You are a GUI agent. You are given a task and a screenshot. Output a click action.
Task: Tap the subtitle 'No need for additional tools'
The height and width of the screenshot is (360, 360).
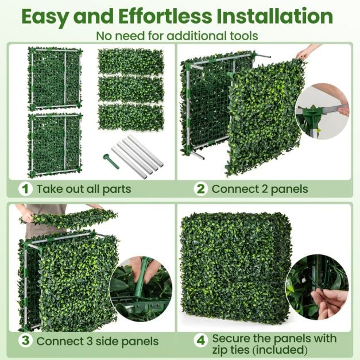point(177,36)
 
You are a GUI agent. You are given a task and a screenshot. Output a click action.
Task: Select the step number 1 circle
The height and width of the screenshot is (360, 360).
point(25,188)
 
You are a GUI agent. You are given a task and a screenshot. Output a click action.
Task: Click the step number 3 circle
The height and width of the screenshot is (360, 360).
point(25,340)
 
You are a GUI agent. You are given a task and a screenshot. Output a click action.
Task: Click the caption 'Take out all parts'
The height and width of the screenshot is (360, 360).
point(84,188)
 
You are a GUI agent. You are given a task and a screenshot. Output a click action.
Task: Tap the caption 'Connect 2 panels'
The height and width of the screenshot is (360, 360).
point(260,188)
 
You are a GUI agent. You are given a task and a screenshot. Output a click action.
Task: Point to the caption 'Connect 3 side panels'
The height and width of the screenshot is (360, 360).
point(97,341)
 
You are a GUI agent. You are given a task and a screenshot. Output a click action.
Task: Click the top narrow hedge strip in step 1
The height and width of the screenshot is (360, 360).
point(131,61)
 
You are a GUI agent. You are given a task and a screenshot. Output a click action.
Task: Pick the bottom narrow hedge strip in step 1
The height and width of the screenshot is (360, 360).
point(131,117)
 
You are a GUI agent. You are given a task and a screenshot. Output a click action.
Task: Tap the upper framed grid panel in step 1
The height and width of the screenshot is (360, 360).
point(55,79)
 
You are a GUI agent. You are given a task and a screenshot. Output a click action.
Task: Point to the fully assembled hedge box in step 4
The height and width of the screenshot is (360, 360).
point(235,266)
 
